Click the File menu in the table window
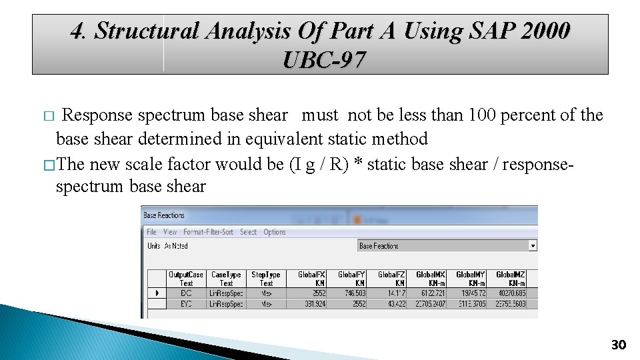[x=151, y=232]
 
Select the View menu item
[x=170, y=232]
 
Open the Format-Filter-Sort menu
[x=208, y=232]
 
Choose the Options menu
[x=275, y=232]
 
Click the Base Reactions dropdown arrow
[x=532, y=246]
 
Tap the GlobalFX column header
[x=311, y=279]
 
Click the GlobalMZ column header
[x=510, y=279]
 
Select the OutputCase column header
[x=186, y=279]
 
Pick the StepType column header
[x=266, y=279]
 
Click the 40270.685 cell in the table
[x=510, y=293]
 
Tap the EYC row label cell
[x=186, y=304]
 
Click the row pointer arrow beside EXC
[x=157, y=293]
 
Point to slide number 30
[x=619, y=345]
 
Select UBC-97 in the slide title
[x=324, y=61]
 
